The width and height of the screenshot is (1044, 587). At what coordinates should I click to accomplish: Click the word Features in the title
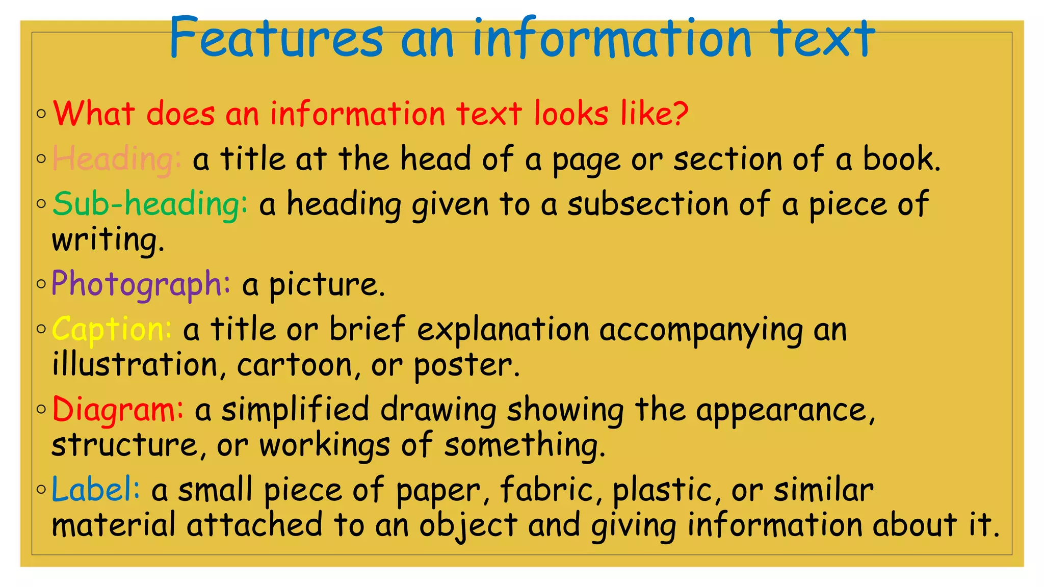click(275, 38)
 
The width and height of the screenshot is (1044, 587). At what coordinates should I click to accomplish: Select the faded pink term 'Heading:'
click(117, 159)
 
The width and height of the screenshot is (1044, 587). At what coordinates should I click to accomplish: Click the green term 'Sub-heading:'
click(150, 204)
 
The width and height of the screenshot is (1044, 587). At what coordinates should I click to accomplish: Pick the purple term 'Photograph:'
click(141, 284)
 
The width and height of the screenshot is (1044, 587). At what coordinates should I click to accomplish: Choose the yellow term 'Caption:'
click(112, 330)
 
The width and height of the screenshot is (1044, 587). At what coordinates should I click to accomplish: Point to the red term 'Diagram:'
click(118, 410)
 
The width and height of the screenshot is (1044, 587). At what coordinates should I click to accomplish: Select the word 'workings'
click(324, 445)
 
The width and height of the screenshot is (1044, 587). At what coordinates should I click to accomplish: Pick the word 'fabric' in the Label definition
click(546, 490)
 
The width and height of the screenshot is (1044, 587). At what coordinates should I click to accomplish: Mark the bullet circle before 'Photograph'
click(41, 284)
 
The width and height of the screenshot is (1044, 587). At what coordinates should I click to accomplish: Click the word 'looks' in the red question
click(571, 113)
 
